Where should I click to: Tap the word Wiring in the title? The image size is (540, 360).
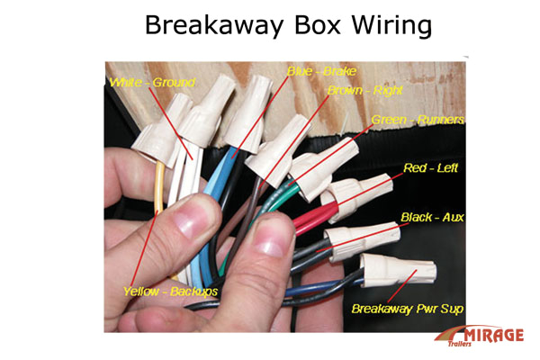point(386,25)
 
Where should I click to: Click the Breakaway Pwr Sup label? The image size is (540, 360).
point(408,310)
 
